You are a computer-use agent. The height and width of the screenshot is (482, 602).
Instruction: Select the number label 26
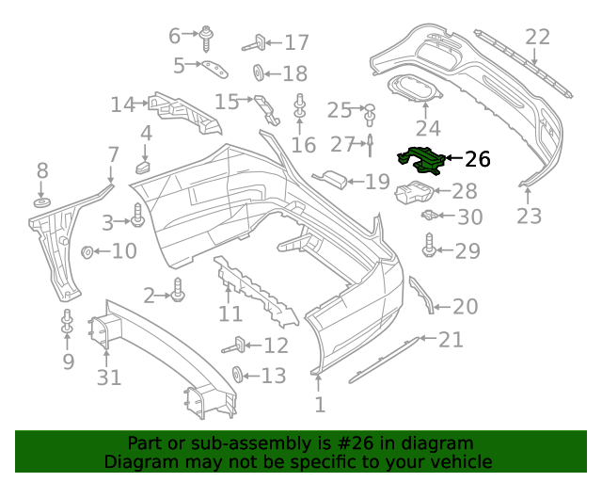coord(477,159)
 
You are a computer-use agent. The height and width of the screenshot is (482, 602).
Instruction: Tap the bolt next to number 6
coord(205,39)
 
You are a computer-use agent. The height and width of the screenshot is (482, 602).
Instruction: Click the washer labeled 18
coord(258,73)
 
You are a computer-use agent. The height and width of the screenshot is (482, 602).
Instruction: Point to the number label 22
coord(537,38)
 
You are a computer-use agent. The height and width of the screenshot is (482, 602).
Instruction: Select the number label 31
coord(109,378)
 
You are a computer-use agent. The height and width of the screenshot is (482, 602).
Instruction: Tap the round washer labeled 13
coord(238,375)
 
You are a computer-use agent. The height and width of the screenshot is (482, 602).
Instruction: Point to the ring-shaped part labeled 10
coord(87,251)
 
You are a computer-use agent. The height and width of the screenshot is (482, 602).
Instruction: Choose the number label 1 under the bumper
coord(320,405)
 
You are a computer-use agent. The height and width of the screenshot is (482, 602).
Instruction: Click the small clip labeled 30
coord(429,217)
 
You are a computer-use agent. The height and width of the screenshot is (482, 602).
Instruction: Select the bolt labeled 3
coord(137,220)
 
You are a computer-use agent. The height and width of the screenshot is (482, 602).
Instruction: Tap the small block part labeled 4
coord(145,168)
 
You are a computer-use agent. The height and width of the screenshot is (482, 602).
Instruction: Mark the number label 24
coord(428,128)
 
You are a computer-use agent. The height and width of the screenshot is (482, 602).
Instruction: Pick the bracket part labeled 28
coord(414,193)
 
